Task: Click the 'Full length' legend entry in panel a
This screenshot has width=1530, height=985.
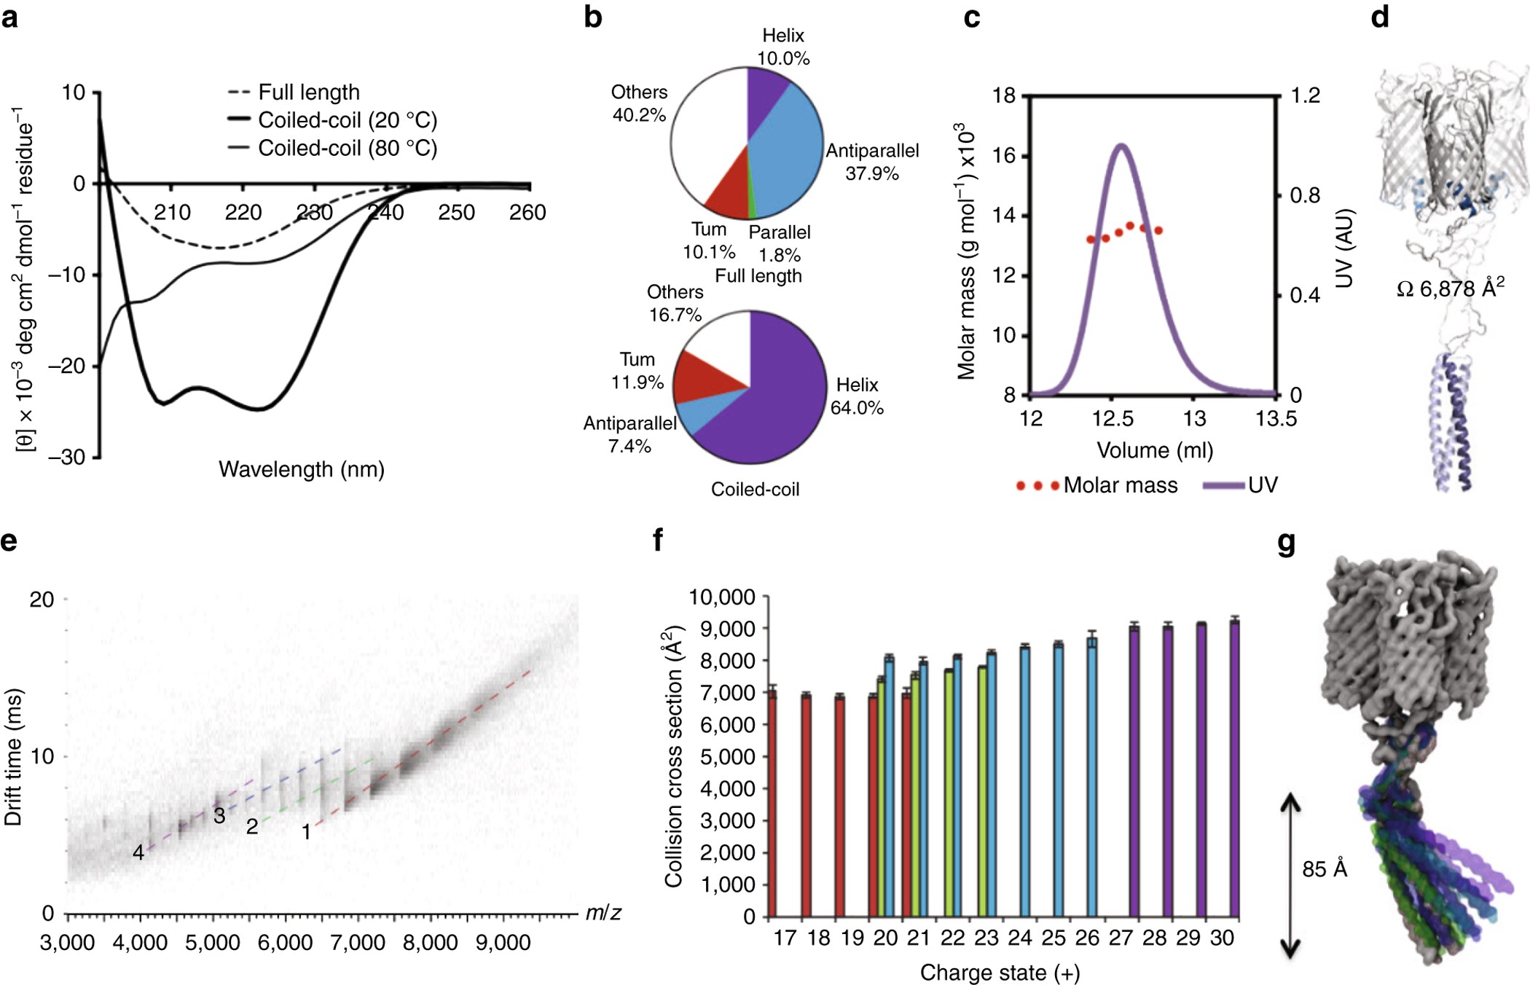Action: pyautogui.click(x=308, y=93)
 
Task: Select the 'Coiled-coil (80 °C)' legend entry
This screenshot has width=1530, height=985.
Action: pyautogui.click(x=347, y=148)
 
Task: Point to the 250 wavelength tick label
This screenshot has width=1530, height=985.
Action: pyautogui.click(x=456, y=212)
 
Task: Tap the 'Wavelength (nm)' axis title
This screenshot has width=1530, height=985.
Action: pyautogui.click(x=302, y=469)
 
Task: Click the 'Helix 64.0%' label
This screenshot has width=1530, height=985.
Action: pyautogui.click(x=857, y=396)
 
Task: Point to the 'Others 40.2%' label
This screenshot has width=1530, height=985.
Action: pyautogui.click(x=639, y=103)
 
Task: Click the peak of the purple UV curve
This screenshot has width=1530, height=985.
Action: pyautogui.click(x=1121, y=146)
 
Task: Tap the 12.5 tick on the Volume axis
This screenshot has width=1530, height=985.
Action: pyautogui.click(x=1113, y=419)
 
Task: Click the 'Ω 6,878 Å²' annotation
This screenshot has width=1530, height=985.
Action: pyautogui.click(x=1450, y=288)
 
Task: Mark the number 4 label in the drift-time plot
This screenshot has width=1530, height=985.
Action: pyautogui.click(x=138, y=852)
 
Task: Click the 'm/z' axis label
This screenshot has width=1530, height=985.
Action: pyautogui.click(x=603, y=913)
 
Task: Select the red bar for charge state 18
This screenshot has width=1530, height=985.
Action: pyautogui.click(x=807, y=805)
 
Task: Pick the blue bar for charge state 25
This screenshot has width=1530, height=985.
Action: pyautogui.click(x=1059, y=780)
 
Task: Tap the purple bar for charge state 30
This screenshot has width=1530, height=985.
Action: pyautogui.click(x=1234, y=768)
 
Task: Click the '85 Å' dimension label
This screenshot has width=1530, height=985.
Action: pyautogui.click(x=1325, y=869)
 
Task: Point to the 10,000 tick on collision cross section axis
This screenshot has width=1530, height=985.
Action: pyautogui.click(x=722, y=597)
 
